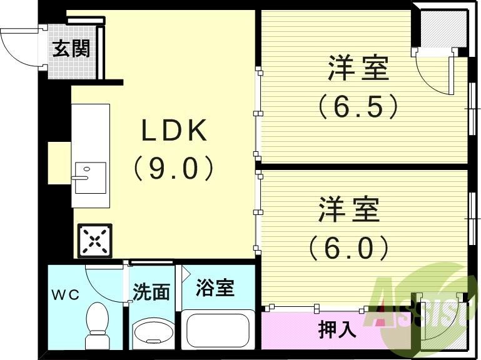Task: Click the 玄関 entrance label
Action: (x=71, y=48)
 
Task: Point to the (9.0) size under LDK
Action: (x=173, y=168)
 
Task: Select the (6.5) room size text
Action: (x=358, y=107)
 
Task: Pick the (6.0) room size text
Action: (x=349, y=248)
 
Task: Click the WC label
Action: (x=66, y=295)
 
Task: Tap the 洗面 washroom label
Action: (x=151, y=292)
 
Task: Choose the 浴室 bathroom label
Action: (x=215, y=288)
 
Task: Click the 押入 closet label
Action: (x=338, y=329)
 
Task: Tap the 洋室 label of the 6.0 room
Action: (x=350, y=210)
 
